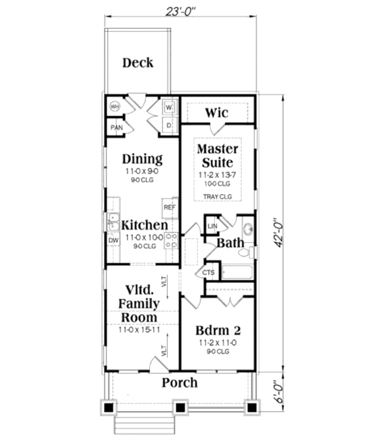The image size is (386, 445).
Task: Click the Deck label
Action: tap(138, 63)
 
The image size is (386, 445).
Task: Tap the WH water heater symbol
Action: tap(114, 107)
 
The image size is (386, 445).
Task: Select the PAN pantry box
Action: tap(116, 127)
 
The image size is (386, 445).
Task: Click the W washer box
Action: tap(168, 107)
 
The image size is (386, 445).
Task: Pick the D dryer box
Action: tap(168, 125)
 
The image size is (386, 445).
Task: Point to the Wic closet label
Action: tap(216, 113)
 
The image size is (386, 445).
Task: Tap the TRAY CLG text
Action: tap(217, 197)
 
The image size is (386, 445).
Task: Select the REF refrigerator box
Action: tap(170, 207)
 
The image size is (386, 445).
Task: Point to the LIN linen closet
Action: tap(212, 227)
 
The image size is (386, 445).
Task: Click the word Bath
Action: tap(230, 242)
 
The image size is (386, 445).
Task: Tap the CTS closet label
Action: tap(208, 273)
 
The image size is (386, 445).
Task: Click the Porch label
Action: tap(180, 383)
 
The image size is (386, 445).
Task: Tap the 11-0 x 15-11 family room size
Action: tap(139, 330)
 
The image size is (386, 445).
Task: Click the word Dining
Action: tap(142, 159)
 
